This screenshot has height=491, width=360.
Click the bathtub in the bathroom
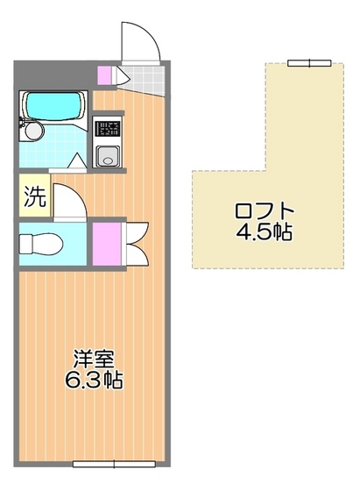pyautogui.click(x=52, y=108)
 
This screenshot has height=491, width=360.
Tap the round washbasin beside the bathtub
pyautogui.click(x=32, y=132)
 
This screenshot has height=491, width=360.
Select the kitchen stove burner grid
pyautogui.click(x=107, y=130)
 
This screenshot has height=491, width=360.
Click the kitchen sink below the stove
pyautogui.click(x=107, y=157)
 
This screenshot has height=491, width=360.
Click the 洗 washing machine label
pyautogui.click(x=33, y=196)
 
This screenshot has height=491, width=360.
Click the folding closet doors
pyautogui.click(x=134, y=241)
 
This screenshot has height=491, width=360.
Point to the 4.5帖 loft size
pyautogui.click(x=264, y=233)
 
